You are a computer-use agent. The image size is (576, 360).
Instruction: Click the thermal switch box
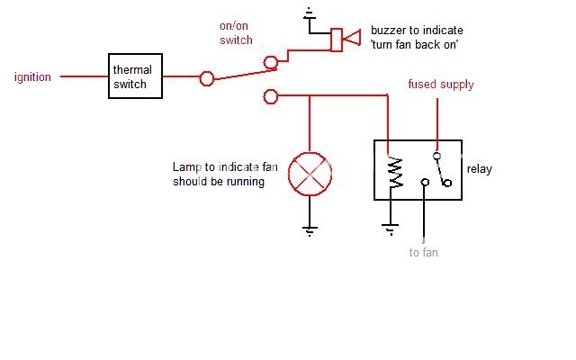point(133,77)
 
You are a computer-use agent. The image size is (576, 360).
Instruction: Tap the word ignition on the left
point(32,77)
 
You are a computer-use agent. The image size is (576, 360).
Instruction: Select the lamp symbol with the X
point(310,174)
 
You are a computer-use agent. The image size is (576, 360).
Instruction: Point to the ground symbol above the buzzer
point(310,14)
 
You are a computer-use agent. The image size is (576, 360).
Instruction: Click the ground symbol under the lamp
point(310,230)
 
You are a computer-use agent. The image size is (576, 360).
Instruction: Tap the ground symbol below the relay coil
point(390,230)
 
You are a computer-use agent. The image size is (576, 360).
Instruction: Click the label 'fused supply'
point(440,85)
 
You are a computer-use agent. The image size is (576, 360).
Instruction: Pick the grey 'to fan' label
point(423,253)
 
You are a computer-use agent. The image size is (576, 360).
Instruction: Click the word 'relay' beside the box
point(479,168)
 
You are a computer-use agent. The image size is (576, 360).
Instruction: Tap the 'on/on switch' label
point(237,33)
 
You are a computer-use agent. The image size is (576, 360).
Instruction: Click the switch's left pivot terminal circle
point(206,78)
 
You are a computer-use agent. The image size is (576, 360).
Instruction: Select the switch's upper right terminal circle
point(270,62)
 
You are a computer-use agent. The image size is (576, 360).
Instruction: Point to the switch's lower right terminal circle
point(270,95)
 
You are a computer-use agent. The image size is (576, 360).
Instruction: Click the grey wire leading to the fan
point(424,216)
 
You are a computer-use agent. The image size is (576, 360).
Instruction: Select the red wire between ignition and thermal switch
point(81,77)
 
